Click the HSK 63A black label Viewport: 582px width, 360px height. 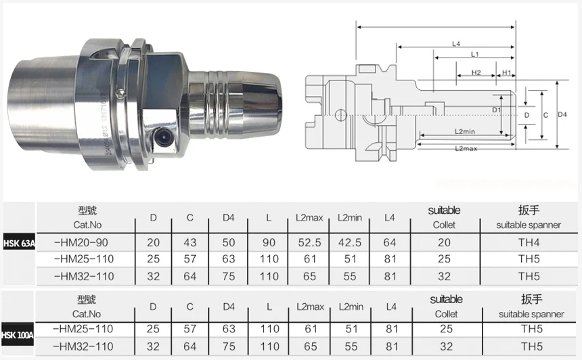(19, 244)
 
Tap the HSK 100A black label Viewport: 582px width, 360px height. (17, 335)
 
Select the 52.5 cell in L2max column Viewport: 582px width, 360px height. (309, 243)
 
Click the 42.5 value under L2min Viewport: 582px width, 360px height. (350, 243)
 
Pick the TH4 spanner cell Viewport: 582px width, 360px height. (529, 243)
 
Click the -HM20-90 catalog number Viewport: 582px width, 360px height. (81, 243)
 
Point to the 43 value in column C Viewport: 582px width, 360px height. (190, 243)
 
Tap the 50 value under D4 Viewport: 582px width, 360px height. (229, 243)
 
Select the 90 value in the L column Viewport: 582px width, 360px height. (269, 243)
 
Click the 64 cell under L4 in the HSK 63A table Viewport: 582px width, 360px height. (390, 243)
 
